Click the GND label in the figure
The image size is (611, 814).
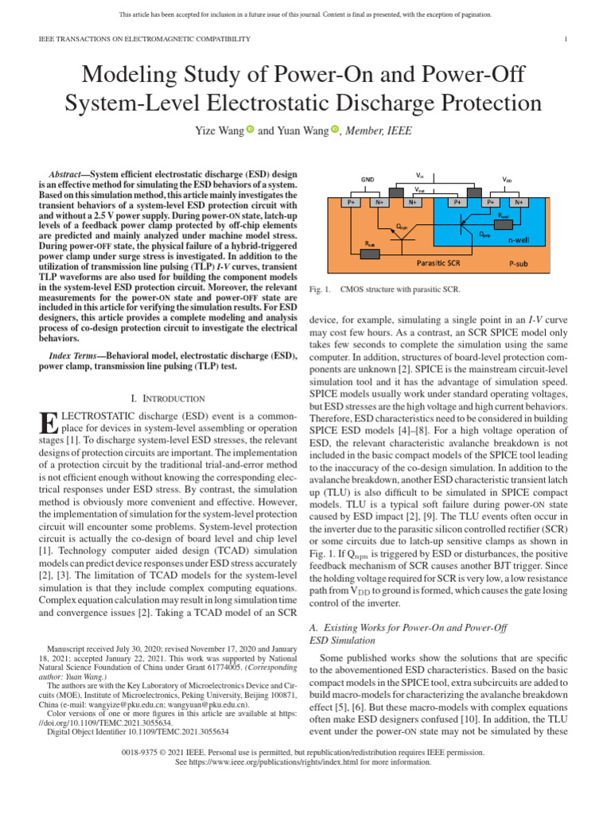coord(368,180)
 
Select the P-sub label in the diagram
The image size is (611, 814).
coord(521,261)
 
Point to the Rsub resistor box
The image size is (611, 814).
coord(370,254)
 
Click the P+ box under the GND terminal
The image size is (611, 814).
coord(350,203)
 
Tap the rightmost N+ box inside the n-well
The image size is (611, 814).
coord(519,203)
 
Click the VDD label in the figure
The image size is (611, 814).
coord(507,180)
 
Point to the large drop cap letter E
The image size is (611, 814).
coord(47,424)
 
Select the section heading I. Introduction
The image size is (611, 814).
coord(167,398)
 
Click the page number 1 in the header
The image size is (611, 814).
coord(565,39)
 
